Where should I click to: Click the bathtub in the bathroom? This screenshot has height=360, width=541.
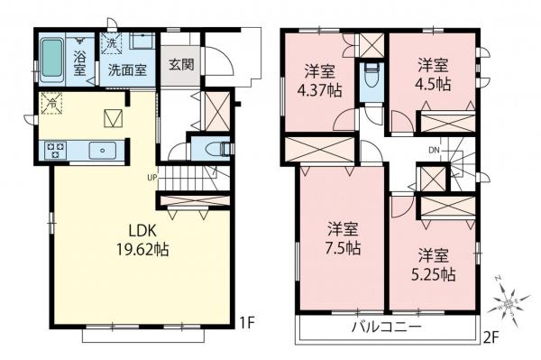point(56,59)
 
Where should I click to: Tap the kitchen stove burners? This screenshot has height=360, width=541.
point(53,150)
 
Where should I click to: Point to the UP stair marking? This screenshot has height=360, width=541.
point(154,177)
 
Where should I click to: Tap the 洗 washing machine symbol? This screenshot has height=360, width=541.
point(111,42)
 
